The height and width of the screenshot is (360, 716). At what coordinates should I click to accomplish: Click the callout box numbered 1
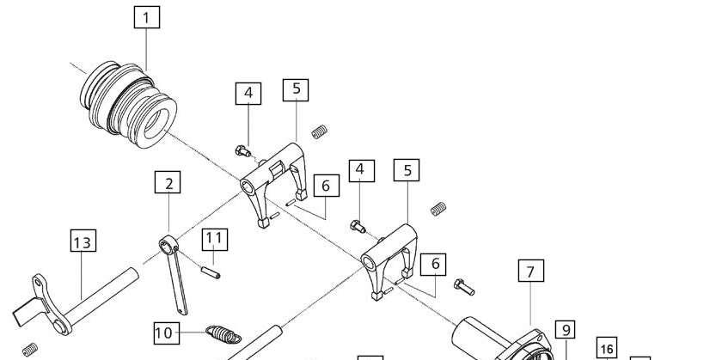147,17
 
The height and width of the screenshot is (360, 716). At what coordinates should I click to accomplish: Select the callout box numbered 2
168,182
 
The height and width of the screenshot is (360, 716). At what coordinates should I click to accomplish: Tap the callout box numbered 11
214,240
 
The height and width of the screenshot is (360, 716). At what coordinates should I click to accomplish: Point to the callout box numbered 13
83,241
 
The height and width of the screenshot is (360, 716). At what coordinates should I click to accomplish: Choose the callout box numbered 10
166,333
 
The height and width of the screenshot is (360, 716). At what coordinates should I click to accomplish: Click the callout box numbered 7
531,271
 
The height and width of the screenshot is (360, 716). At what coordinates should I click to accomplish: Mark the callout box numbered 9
566,329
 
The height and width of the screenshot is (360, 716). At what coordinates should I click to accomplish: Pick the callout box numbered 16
607,348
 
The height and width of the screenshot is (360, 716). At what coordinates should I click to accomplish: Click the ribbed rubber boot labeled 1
128,105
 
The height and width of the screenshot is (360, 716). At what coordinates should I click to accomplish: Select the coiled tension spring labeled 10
223,333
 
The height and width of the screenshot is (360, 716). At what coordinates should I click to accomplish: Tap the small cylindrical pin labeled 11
211,272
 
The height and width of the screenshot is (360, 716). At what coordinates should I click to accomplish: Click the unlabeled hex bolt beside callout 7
464,287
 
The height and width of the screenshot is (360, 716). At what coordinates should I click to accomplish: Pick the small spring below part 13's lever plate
30,350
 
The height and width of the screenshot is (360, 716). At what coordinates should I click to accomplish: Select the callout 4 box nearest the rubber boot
248,94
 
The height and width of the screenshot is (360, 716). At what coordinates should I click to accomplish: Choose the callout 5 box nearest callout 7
407,170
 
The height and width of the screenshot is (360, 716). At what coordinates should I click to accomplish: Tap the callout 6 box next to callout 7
435,265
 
